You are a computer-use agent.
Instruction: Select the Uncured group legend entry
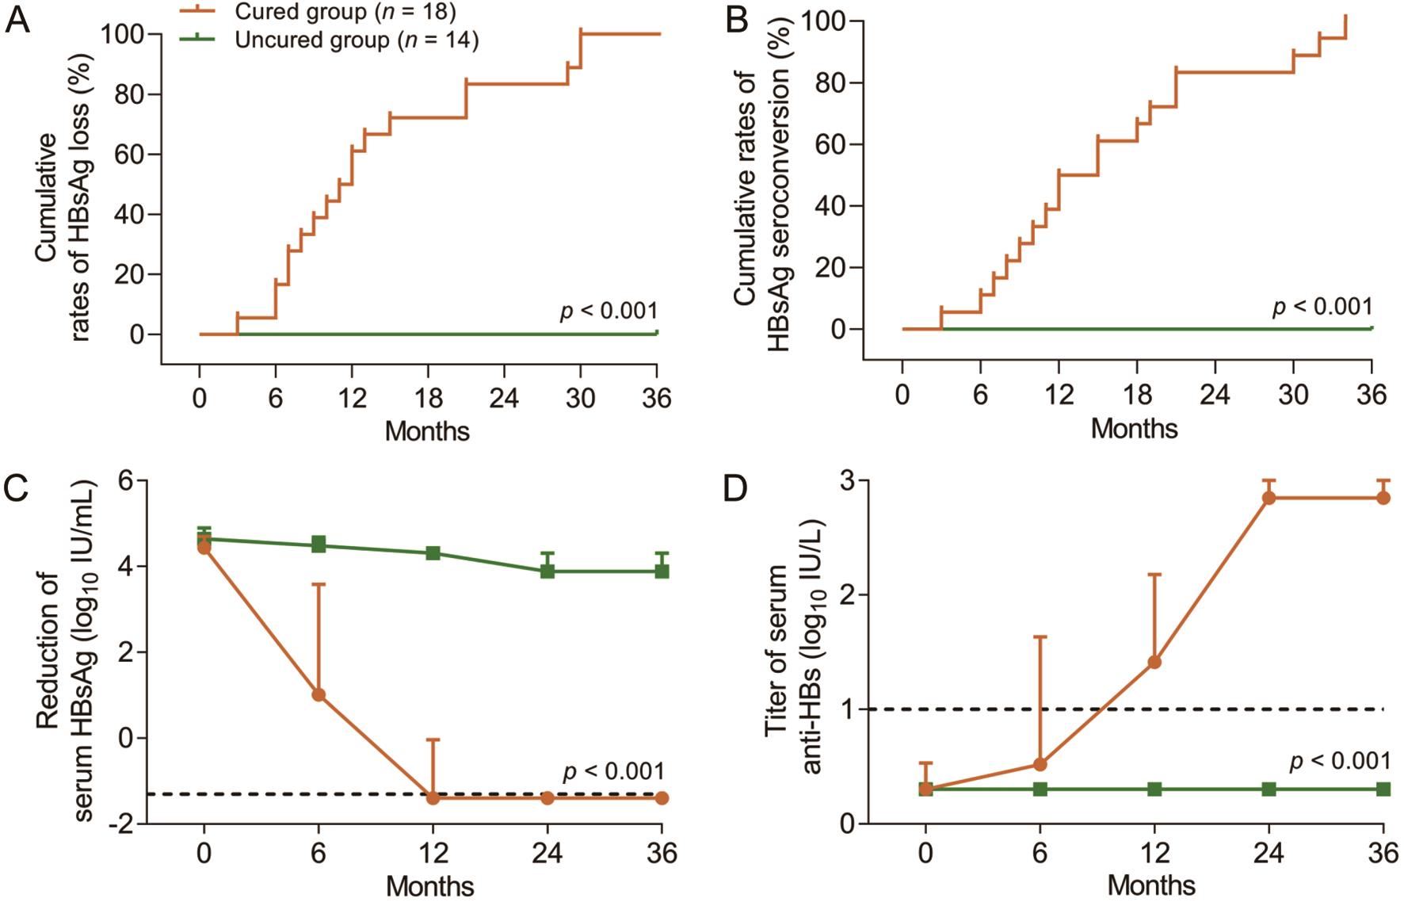pos(357,40)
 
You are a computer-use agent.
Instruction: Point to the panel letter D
pos(735,489)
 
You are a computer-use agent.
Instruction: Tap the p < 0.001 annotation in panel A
pos(609,311)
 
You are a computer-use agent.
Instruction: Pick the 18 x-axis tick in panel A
pos(428,398)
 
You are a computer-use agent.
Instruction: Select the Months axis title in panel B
pos(1134,429)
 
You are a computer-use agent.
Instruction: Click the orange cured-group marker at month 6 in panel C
pos(319,694)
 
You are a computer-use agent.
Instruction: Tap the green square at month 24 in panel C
pos(547,571)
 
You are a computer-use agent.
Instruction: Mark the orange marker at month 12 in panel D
pos(1154,662)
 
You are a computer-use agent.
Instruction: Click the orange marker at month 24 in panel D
pos(1269,498)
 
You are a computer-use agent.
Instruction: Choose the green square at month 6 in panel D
pos(1040,789)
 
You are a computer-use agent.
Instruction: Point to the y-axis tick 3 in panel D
pos(849,481)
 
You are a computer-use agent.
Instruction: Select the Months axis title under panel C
pos(430,885)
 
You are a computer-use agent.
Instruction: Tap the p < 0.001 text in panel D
pos(1340,761)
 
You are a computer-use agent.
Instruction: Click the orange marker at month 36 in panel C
pos(662,797)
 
